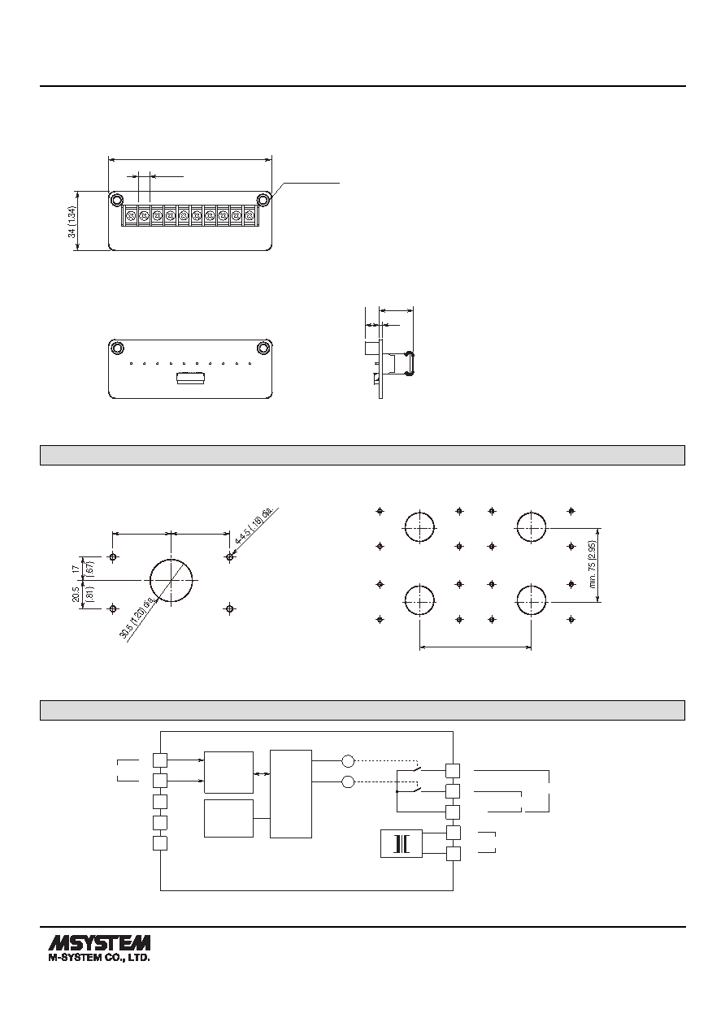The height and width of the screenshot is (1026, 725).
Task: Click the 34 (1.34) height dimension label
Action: click(72, 221)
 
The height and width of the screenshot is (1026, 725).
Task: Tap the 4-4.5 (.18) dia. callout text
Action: click(254, 526)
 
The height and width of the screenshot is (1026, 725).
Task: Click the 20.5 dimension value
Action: click(76, 595)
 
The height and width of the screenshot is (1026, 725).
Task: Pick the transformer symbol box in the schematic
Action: click(402, 843)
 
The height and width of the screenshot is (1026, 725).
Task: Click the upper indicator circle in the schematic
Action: click(349, 761)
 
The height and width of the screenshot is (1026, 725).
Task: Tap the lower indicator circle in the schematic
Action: click(349, 781)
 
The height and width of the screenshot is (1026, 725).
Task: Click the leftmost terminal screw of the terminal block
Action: click(130, 214)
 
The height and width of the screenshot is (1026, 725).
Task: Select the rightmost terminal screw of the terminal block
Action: click(250, 214)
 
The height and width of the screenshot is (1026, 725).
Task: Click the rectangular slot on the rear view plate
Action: click(191, 379)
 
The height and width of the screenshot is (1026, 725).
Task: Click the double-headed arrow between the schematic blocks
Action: click(261, 773)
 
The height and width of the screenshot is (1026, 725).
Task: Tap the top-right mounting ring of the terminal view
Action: click(263, 200)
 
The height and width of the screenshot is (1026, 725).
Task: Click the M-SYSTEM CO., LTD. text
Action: click(99, 958)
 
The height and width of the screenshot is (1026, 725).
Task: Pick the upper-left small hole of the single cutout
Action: click(113, 557)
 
